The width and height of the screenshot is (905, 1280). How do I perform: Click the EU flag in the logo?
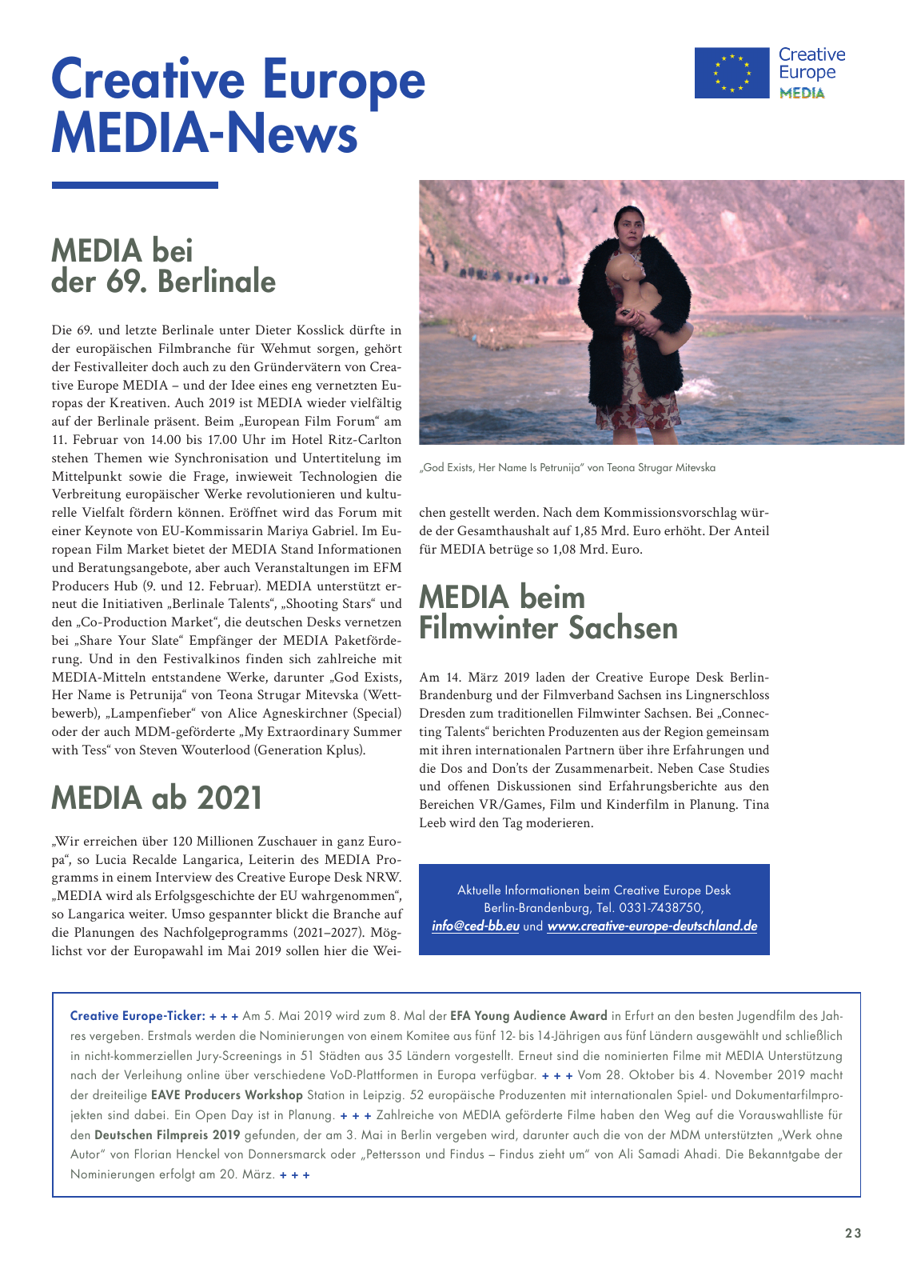[732, 73]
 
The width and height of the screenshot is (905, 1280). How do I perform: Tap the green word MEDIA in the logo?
[802, 94]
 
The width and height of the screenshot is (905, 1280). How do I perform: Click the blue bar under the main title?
[134, 185]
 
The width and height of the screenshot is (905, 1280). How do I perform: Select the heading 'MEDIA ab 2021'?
[157, 798]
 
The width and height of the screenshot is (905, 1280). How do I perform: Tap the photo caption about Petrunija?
[567, 467]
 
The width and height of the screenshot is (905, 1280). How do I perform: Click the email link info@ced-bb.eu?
[475, 926]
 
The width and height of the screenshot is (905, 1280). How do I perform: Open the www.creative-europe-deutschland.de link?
[652, 926]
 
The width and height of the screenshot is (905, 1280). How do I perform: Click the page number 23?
[853, 1233]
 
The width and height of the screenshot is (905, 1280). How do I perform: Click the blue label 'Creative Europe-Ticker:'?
[138, 1016]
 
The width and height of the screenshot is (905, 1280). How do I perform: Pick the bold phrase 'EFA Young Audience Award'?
[528, 1016]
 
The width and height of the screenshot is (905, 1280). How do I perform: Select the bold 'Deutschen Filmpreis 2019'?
[167, 1135]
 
